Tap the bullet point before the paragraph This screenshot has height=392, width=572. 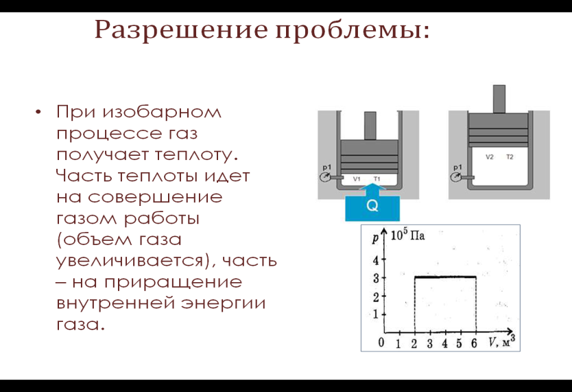(x=38, y=112)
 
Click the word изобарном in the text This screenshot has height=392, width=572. (x=162, y=112)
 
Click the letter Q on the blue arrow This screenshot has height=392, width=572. (x=372, y=206)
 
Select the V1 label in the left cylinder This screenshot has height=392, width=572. (x=357, y=179)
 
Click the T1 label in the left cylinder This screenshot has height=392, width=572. (x=377, y=179)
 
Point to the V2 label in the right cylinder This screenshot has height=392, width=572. (x=490, y=157)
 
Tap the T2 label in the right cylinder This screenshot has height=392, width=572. (x=510, y=157)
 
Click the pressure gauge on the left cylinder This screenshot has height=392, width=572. (x=324, y=177)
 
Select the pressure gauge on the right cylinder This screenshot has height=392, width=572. (x=455, y=177)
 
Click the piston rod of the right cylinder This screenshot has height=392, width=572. (x=499, y=99)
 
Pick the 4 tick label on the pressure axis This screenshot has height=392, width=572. (x=376, y=260)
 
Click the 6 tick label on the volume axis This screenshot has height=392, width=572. (x=474, y=343)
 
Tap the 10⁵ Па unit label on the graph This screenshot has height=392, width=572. (x=407, y=235)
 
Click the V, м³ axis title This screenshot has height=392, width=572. (x=502, y=341)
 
